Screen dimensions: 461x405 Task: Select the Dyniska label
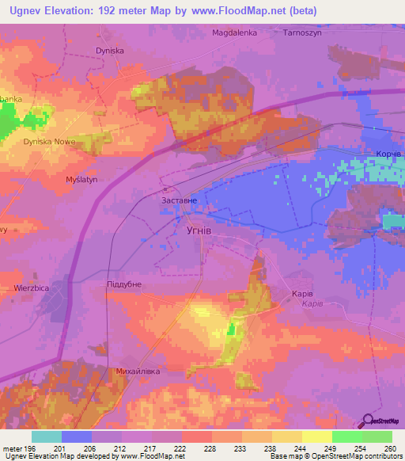tap(110, 50)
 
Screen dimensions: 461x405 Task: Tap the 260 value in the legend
tap(389, 448)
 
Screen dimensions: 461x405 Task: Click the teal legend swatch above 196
tap(47, 436)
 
